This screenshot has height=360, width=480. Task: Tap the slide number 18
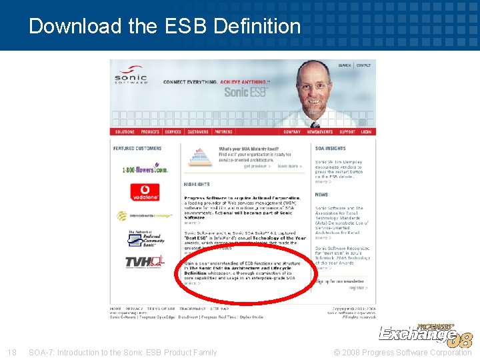tap(11, 352)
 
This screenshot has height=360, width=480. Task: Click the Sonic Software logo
tap(131, 75)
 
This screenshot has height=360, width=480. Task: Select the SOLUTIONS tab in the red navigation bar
tap(125, 132)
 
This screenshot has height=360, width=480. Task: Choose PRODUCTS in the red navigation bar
tap(150, 132)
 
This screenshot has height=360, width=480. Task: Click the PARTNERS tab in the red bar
tap(223, 132)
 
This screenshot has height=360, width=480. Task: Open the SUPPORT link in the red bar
tap(347, 132)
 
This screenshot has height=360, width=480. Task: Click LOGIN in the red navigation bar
tap(366, 132)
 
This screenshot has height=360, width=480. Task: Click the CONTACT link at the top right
tap(363, 65)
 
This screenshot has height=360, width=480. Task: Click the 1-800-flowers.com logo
tap(144, 169)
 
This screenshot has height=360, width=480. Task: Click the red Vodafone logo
tap(145, 192)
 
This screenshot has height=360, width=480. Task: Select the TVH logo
tap(143, 263)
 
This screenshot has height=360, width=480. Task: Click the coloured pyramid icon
tap(199, 157)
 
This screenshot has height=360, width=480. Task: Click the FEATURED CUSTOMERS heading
tap(137, 148)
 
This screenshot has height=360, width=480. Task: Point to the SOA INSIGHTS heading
tap(331, 148)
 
